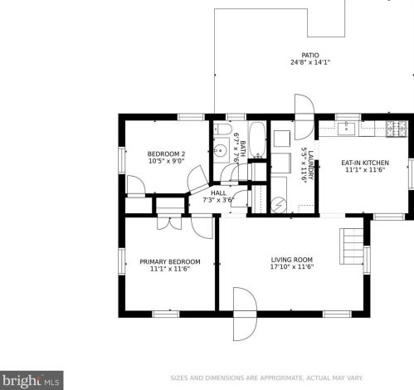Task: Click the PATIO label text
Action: click(310, 55)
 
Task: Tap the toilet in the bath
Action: click(222, 129)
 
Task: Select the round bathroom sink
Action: click(221, 150)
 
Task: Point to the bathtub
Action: click(257, 140)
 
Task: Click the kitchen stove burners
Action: click(397, 129)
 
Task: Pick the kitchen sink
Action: click(346, 129)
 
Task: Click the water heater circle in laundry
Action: click(279, 205)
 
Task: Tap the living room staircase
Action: click(351, 246)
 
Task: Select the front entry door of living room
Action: click(245, 314)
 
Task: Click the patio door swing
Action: click(304, 117)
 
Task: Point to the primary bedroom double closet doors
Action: click(169, 222)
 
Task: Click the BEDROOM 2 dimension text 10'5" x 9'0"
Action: click(167, 161)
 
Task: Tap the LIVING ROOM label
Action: click(292, 260)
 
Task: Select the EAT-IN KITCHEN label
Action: click(365, 163)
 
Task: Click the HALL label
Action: click(218, 193)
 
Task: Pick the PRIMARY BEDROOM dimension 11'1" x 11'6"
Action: click(170, 269)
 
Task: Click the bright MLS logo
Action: click(32, 381)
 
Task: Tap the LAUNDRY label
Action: click(311, 165)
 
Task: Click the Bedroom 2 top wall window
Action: click(191, 117)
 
